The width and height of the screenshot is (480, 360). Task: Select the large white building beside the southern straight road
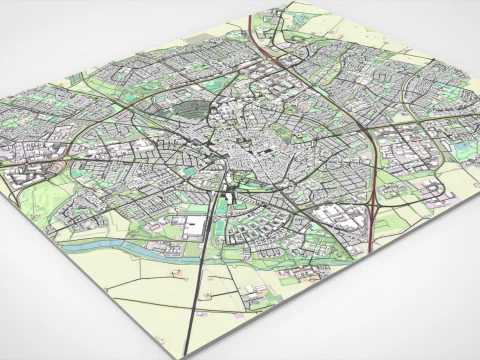pos(193,224)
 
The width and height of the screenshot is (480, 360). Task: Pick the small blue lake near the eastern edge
pos(461,150)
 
